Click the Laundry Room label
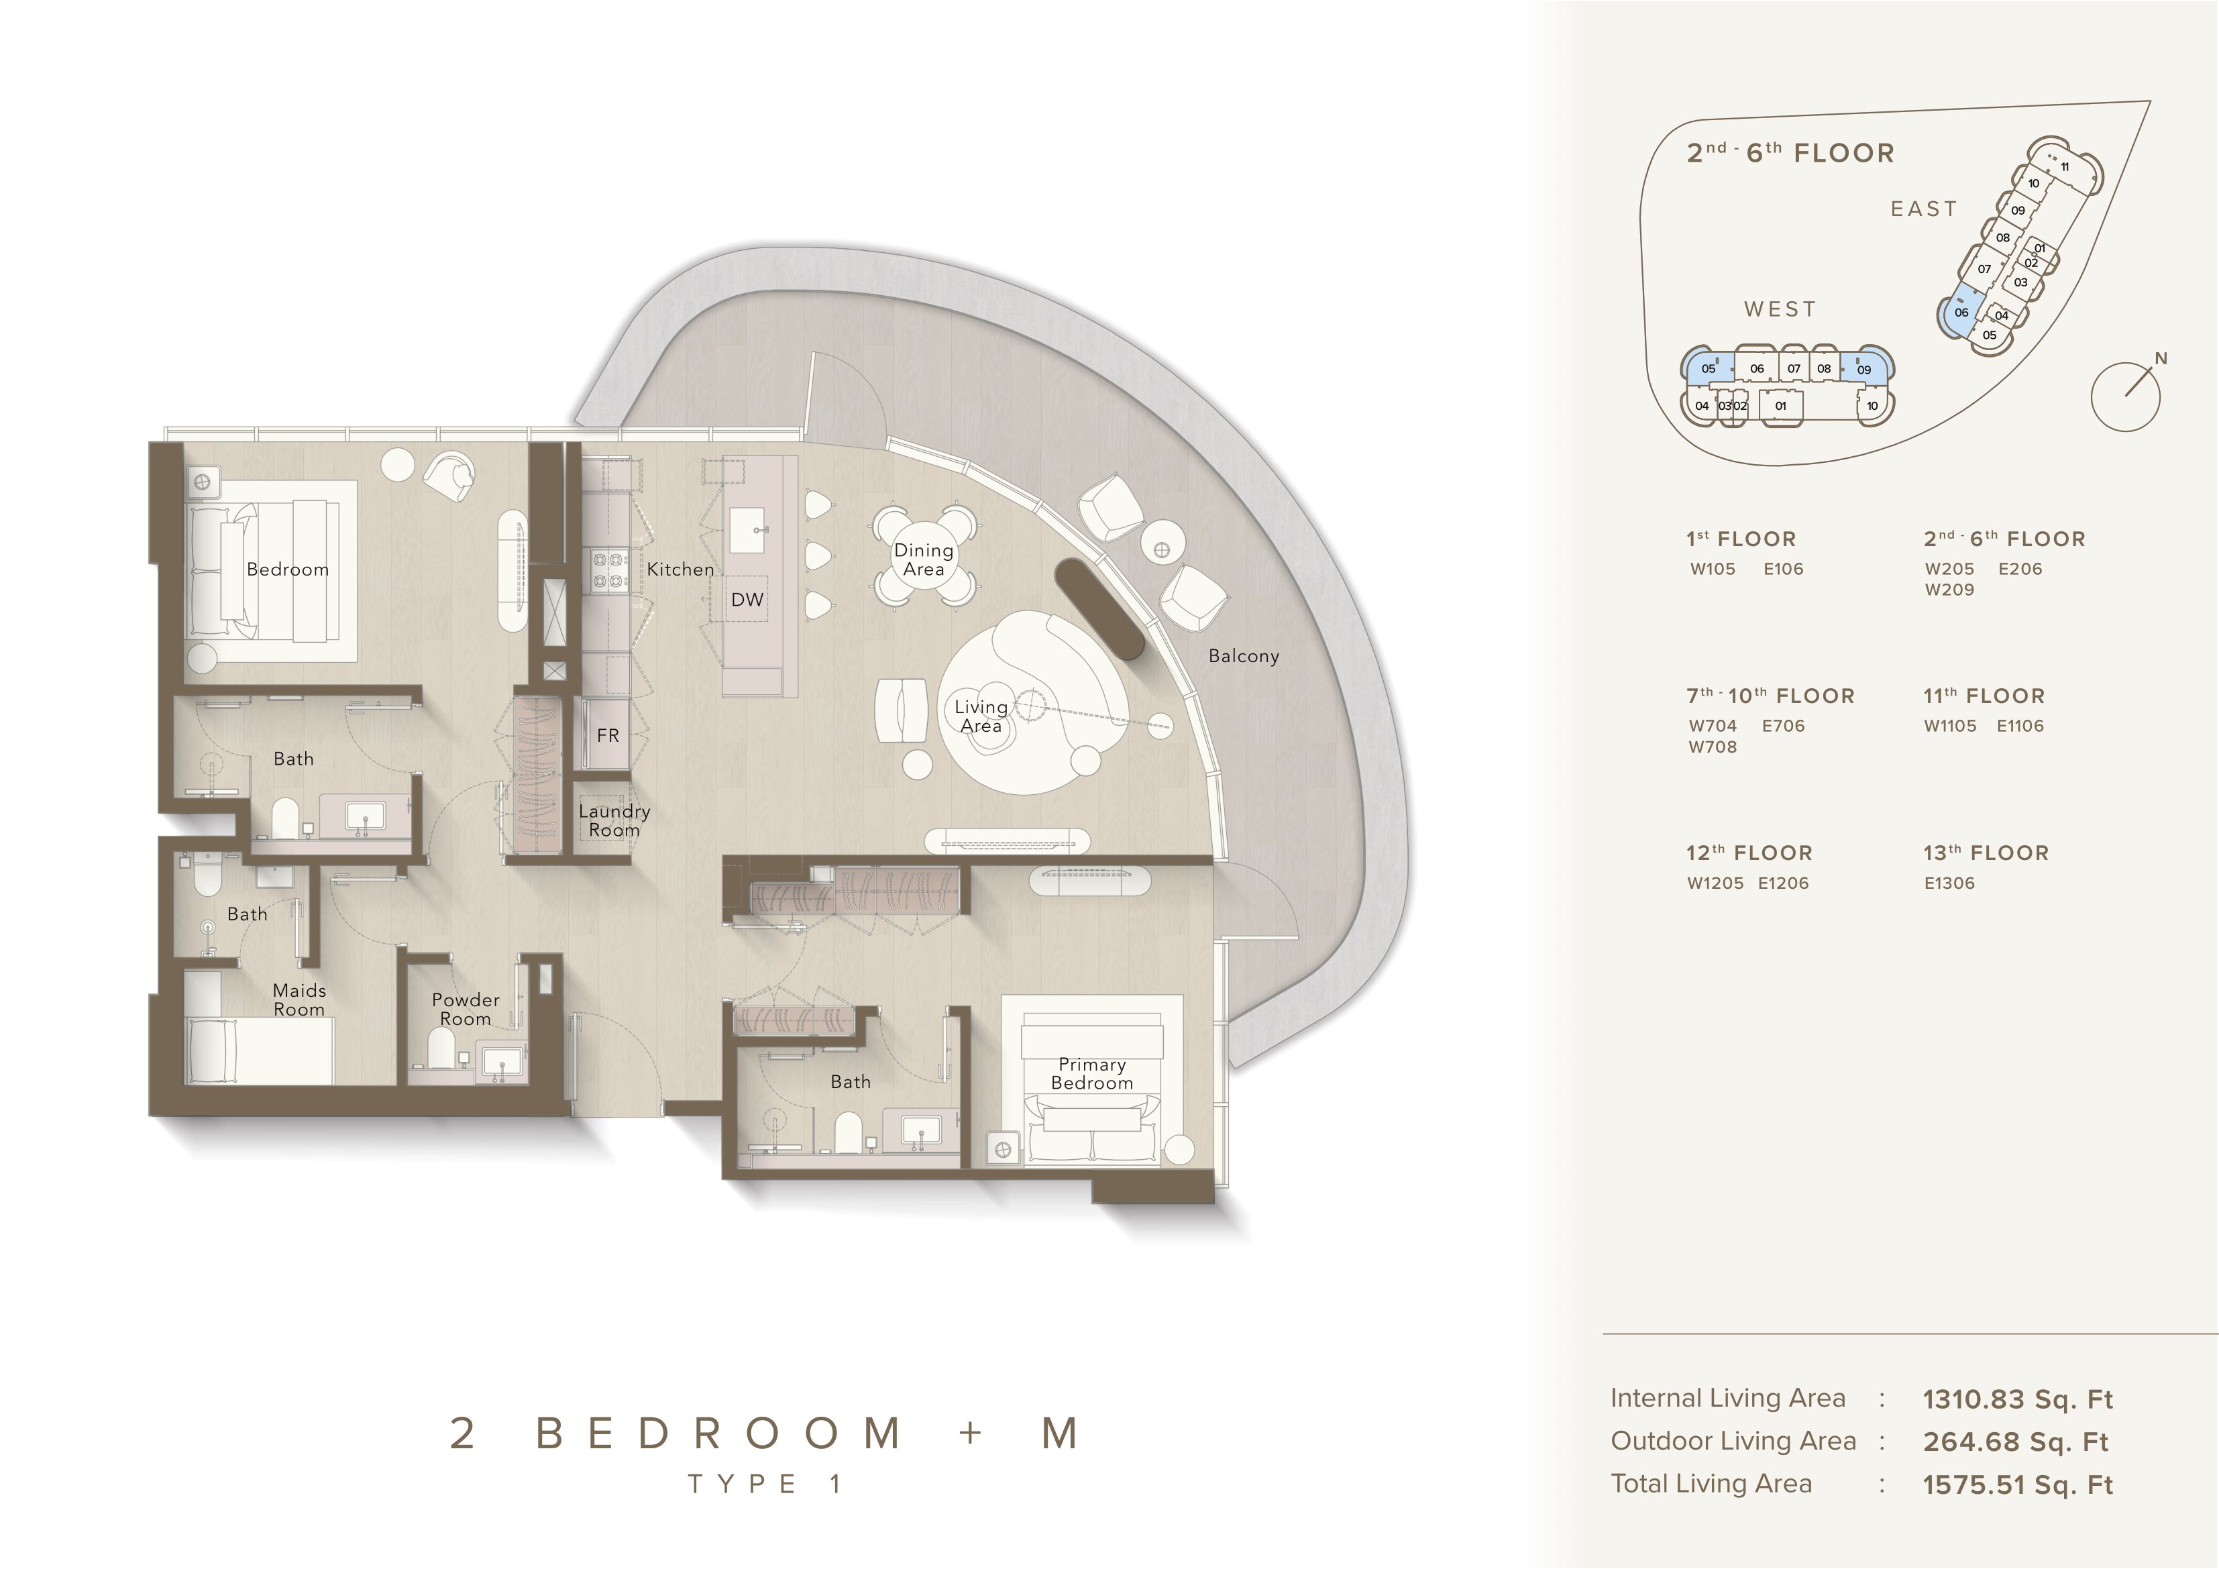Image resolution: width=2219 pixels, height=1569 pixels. pos(614,821)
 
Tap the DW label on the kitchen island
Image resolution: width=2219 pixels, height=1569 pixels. pos(747,600)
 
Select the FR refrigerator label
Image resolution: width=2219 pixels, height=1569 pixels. pos(608,736)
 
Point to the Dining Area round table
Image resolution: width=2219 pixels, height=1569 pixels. pos(924,558)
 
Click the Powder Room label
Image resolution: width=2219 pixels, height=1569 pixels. pos(466,1010)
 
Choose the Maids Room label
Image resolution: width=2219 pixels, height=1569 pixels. pos(300,999)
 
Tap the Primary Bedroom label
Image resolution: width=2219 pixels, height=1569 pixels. pos(1092,1074)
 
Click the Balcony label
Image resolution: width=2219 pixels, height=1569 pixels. pos(1244,657)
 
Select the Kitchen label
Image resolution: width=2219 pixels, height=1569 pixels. pos(680,570)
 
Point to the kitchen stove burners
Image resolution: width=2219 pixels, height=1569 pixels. pos(607,570)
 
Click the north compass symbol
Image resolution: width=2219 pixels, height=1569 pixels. pos(2127,394)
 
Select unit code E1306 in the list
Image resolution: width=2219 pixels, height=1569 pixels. pos(1949,883)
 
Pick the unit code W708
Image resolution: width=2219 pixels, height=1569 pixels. pos(1713,747)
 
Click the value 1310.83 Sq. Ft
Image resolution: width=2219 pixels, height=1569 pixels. pos(2018,1400)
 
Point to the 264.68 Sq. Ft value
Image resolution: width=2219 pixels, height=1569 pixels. pos(2015,1442)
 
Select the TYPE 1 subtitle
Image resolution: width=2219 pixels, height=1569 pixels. pos(765,1484)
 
